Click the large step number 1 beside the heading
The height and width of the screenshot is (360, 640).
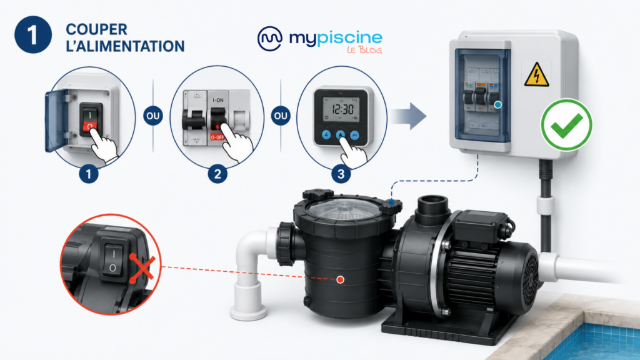click(33, 35)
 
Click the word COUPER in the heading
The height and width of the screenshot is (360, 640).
click(97, 29)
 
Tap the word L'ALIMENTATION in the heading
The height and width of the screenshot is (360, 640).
click(125, 46)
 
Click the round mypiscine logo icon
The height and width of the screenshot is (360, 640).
click(270, 39)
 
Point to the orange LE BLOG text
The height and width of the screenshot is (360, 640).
click(364, 50)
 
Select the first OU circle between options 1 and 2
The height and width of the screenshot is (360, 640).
click(153, 116)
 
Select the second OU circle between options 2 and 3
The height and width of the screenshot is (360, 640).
click(281, 116)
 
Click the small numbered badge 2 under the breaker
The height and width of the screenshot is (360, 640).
click(217, 174)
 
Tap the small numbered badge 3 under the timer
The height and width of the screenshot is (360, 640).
click(341, 174)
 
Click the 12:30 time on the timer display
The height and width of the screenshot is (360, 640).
click(342, 109)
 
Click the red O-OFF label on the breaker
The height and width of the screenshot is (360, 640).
click(217, 137)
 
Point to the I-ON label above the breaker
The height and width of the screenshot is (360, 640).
click(218, 100)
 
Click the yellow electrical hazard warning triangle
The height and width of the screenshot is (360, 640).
click(536, 75)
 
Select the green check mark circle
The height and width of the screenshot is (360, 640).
click(566, 125)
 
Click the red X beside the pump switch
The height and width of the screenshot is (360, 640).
click(142, 269)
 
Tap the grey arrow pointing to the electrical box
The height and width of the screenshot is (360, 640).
click(409, 116)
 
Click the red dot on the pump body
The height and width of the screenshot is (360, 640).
click(340, 279)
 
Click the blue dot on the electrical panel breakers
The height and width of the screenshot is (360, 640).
click(497, 105)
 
